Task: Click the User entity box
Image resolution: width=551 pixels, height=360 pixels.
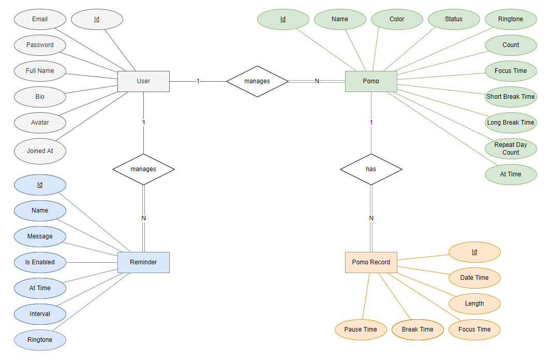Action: pos(143,81)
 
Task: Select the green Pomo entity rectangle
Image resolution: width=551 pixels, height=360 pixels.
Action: pos(371,81)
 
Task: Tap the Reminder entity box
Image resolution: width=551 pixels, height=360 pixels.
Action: pos(143,262)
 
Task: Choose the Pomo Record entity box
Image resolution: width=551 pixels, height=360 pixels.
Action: pos(371,262)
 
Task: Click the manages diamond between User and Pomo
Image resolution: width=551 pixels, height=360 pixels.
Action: pos(257,81)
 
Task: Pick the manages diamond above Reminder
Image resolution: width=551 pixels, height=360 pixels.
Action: pos(143,169)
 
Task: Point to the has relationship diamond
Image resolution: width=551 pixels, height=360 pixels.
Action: pos(371,169)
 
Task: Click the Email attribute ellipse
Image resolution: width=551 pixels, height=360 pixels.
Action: pos(40,19)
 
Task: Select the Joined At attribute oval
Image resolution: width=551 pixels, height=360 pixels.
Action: pos(40,151)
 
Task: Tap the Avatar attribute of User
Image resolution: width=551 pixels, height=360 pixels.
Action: pos(40,123)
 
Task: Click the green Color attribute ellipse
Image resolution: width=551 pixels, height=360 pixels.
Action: pos(397,19)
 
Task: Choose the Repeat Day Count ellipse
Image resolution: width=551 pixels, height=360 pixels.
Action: pos(511,148)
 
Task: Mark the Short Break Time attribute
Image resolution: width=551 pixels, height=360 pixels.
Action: pos(511,97)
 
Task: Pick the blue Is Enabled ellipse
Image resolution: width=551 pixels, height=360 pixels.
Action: pos(40,262)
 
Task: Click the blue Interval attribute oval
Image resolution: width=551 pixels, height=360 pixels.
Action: pos(40,314)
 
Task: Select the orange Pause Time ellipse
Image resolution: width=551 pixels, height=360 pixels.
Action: pos(361,329)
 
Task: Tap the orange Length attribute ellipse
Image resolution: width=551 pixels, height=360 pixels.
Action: pos(474,304)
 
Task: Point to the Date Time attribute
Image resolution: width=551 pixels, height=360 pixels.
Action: pos(474,278)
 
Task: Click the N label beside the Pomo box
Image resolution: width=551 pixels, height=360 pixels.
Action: pos(317,81)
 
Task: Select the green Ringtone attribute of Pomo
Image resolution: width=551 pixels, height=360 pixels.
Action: pos(511,19)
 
